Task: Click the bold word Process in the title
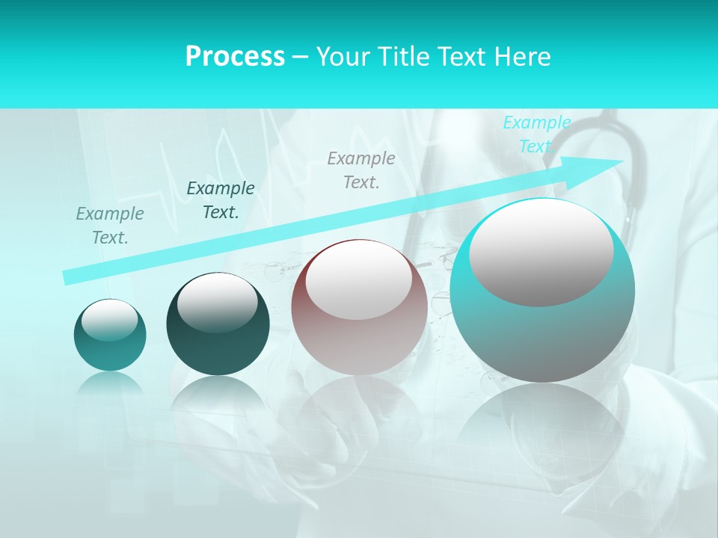tap(235, 57)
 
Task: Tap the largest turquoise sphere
tap(542, 336)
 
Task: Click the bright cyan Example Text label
tap(536, 134)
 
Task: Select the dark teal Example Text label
tap(220, 200)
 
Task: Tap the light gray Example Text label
tap(361, 170)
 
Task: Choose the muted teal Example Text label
tap(110, 225)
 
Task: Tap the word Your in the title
tap(344, 57)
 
